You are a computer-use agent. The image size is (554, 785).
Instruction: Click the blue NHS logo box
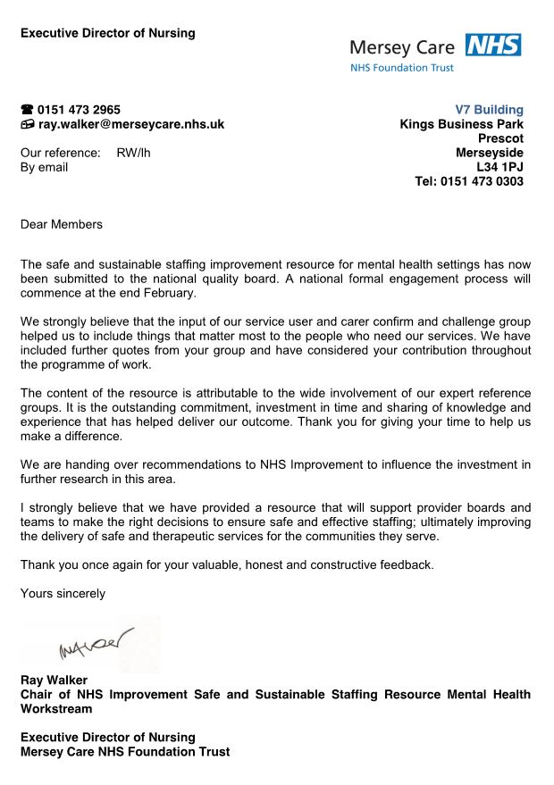pos(492,46)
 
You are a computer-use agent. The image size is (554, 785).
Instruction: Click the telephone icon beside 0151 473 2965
pos(27,110)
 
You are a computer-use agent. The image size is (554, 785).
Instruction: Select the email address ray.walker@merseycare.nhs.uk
pos(130,124)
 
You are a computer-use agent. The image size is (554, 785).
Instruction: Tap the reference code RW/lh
pos(133,153)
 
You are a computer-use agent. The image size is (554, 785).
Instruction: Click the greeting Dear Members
pos(62,224)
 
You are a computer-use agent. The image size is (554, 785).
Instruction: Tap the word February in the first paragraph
pos(168,293)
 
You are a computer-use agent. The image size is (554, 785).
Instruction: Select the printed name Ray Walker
pos(54,681)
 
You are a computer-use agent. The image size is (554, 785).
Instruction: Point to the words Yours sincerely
pos(63,593)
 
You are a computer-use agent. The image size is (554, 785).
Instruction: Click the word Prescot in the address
pos(500,138)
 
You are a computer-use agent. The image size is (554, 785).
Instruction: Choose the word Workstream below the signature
pos(55,709)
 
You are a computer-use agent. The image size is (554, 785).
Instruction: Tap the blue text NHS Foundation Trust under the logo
pos(401,68)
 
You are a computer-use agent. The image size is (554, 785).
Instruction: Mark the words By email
pos(44,167)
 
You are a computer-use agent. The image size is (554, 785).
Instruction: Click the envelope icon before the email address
pos(27,124)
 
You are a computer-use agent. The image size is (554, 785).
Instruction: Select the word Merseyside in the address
pos(490,153)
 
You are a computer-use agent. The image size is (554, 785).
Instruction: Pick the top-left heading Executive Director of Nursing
pos(107,33)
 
